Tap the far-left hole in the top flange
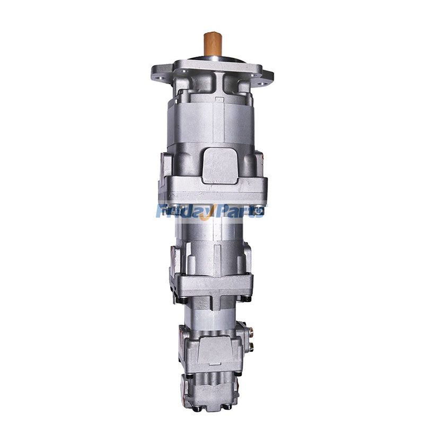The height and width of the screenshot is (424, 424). [x=161, y=78]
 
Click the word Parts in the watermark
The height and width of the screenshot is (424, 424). [x=242, y=210]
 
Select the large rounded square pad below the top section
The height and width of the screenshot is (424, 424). [x=220, y=165]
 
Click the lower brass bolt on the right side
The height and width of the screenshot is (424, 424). [x=251, y=346]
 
